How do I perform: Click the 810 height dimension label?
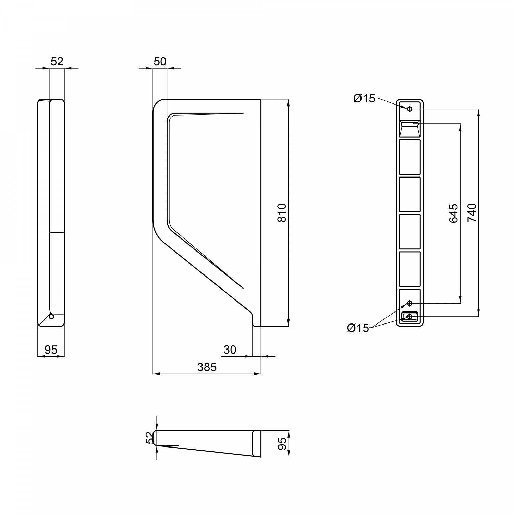click(282, 213)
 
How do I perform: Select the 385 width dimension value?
click(207, 367)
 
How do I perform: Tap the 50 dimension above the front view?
click(160, 62)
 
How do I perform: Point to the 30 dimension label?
click(230, 350)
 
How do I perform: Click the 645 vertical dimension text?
click(453, 213)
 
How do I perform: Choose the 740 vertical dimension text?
click(472, 212)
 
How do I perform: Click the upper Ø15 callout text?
click(364, 99)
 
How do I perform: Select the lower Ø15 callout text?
click(358, 328)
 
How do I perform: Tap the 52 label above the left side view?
click(57, 62)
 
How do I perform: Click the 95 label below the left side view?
click(51, 350)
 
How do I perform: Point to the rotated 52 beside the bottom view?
click(149, 438)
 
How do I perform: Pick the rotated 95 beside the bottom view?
click(282, 444)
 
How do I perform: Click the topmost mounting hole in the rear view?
click(409, 109)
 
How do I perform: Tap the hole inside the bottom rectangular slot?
click(409, 317)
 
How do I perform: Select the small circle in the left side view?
click(51, 317)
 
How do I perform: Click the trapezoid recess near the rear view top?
click(409, 128)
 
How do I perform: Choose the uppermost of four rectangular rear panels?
click(409, 157)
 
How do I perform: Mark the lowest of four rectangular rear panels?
click(409, 269)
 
